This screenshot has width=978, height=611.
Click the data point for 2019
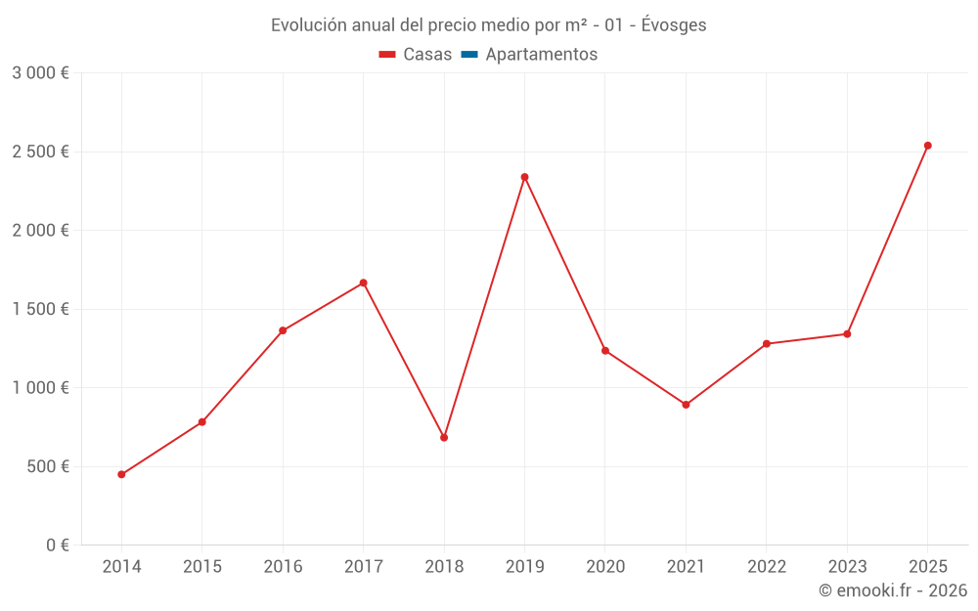524,177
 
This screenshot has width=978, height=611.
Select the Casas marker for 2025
928,146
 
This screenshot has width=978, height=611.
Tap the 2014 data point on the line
121,474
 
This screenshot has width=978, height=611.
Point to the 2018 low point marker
444,437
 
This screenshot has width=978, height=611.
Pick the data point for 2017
363,283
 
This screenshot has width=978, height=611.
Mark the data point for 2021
686,405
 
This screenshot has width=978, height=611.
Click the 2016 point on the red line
283,330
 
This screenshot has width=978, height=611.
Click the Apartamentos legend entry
541,55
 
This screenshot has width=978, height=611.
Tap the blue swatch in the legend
468,55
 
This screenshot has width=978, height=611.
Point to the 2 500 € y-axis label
40,152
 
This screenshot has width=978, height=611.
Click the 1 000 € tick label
40,387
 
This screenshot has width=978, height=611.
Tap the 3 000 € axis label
40,73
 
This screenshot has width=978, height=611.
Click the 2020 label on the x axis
605,567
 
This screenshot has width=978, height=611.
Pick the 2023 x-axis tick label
847,567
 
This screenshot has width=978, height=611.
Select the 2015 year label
202,567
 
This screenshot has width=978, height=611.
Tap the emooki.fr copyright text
892,590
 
